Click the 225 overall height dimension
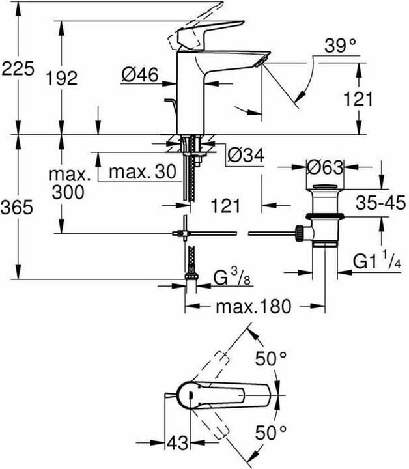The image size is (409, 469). tap(18, 68)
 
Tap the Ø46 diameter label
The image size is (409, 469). tap(140, 76)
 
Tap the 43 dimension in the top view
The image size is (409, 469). tap(175, 442)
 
